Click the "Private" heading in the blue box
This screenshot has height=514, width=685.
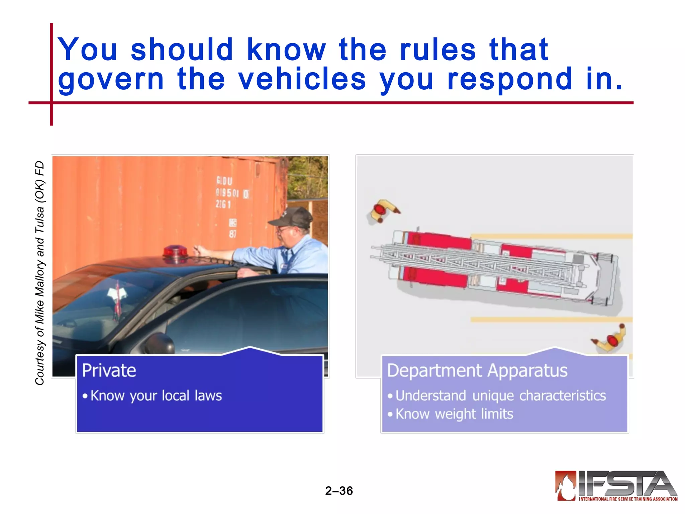point(109,370)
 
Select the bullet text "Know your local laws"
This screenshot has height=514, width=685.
point(156,396)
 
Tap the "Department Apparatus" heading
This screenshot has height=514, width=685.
point(477,370)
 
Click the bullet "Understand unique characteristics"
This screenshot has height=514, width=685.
point(501,396)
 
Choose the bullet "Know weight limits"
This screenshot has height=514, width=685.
point(454,414)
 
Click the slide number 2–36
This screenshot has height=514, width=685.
point(339,491)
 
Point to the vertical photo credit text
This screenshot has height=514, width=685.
point(40,273)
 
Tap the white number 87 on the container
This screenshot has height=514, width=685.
point(233,234)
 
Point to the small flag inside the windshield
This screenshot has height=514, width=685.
point(117,298)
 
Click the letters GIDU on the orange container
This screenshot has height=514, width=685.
point(224,181)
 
